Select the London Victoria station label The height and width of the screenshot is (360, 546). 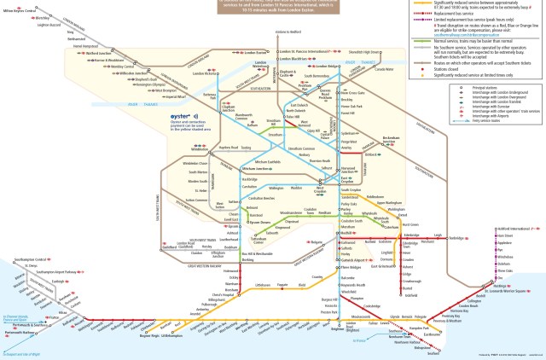pos(207,74)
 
